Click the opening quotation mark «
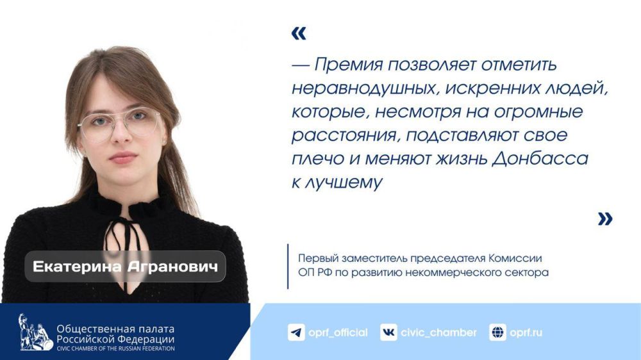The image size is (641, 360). [299, 34]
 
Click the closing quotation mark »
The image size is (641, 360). [604, 219]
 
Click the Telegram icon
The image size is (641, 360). [296, 332]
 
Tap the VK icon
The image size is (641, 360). [388, 332]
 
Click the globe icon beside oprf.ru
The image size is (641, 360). [497, 332]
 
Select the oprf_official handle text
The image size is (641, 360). [338, 332]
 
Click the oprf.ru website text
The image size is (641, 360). [526, 332]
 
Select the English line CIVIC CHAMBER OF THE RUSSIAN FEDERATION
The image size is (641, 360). [115, 348]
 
